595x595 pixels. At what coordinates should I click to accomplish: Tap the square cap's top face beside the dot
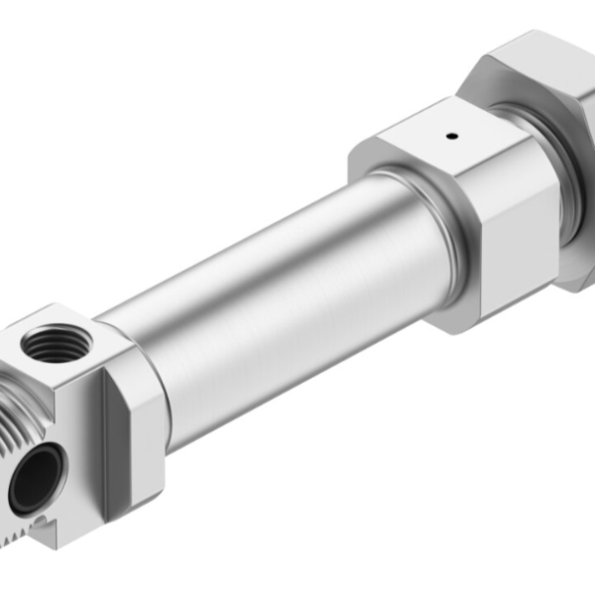(416, 149)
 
